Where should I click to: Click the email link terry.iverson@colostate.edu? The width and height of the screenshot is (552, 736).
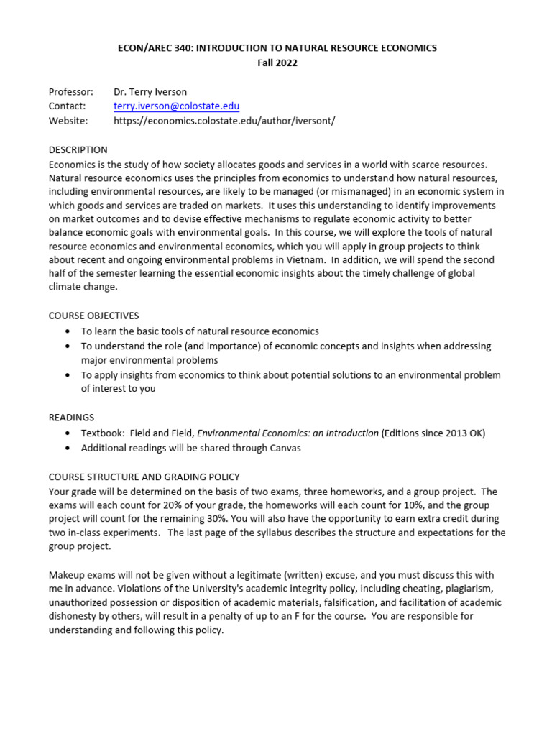176,106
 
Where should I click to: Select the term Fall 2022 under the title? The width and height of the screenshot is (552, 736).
277,63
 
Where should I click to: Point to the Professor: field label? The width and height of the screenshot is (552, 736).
70,92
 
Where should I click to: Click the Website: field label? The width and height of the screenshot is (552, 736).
68,121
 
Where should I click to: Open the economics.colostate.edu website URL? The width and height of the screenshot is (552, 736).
224,121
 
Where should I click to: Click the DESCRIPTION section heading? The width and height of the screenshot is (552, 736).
78,150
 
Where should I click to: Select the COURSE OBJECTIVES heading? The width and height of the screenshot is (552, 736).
93,316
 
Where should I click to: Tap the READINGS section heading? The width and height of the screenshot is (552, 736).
71,418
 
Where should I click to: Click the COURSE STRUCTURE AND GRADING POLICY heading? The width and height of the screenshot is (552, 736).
144,477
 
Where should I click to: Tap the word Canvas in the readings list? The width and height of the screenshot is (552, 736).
285,448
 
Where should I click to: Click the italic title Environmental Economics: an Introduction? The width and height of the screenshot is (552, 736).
287,433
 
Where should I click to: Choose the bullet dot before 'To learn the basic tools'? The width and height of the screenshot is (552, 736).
67,331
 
